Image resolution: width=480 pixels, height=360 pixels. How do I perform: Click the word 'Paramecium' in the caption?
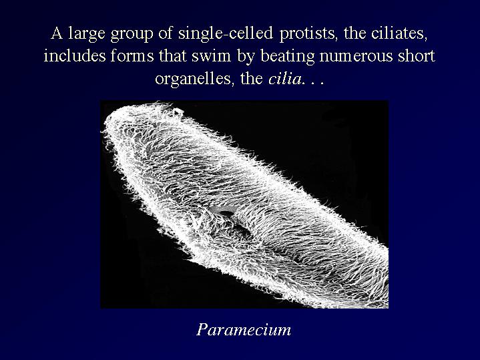244,330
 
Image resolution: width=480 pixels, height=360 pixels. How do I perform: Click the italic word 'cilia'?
284,79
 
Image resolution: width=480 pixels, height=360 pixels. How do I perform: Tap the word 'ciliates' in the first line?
399,33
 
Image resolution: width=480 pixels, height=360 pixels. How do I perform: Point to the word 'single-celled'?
225,33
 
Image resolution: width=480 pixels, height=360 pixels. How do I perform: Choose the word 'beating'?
288,57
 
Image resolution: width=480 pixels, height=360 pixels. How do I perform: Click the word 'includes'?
74,56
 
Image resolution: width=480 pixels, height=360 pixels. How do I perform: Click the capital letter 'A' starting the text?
57,33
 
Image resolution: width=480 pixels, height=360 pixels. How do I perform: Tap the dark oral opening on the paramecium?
226,213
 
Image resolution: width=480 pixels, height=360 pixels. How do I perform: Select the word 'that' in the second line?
172,56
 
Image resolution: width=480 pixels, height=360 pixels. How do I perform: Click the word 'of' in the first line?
166,33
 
